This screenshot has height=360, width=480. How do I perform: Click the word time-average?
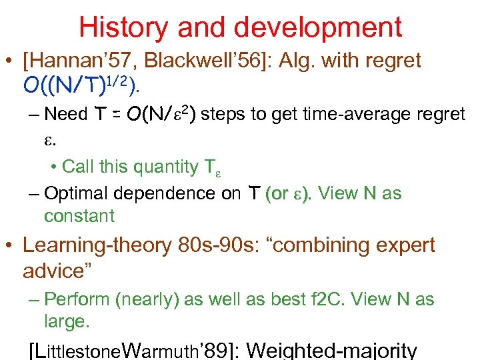[x=350, y=115]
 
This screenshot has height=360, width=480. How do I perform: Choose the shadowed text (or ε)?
[x=289, y=194]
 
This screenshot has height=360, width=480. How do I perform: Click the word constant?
[x=79, y=215]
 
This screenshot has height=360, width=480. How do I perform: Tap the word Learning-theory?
[x=97, y=246]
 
